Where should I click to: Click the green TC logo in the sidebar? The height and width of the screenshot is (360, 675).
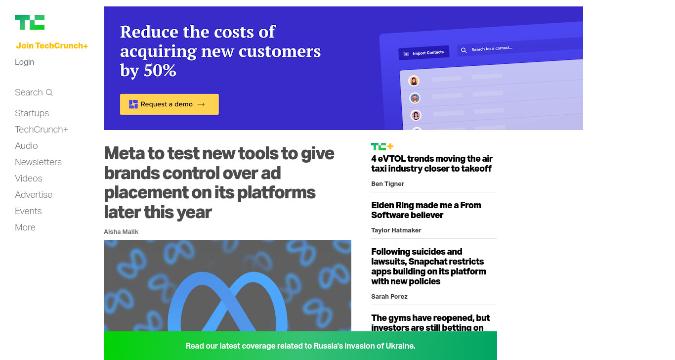[30, 22]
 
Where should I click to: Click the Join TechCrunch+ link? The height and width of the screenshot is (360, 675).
[52, 45]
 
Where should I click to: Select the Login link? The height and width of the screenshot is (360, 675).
[24, 62]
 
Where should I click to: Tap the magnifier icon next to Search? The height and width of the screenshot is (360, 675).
[49, 92]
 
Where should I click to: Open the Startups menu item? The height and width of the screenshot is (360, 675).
[32, 113]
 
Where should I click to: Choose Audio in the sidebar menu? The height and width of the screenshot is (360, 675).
[26, 145]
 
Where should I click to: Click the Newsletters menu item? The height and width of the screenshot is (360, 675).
[38, 162]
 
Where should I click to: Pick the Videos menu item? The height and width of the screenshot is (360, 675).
[28, 178]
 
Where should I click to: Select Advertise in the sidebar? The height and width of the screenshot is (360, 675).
[34, 194]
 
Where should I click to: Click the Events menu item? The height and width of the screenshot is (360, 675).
[28, 211]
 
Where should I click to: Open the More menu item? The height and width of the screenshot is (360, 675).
[25, 227]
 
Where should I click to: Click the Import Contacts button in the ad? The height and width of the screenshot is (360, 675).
[423, 53]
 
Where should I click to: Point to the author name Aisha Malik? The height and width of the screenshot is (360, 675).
[121, 231]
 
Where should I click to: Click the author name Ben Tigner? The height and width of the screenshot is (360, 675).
[387, 183]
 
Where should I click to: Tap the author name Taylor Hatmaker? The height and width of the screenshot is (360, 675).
[396, 230]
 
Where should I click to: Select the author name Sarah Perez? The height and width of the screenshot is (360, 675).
[389, 296]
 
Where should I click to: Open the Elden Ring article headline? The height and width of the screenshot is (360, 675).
[426, 210]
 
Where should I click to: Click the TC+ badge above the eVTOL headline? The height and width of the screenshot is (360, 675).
[382, 146]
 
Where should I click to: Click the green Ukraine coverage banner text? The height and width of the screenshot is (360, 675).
[300, 346]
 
